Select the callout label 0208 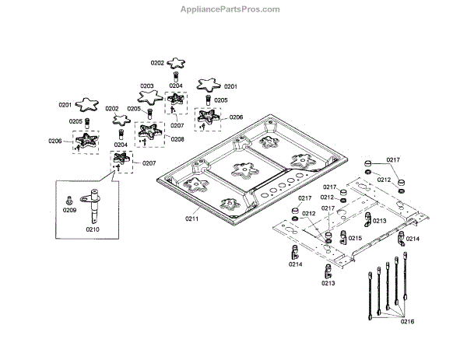pos(177,139)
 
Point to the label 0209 pos(69,210)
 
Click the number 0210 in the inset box pos(93,230)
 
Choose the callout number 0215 pos(355,238)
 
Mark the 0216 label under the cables pos(408,322)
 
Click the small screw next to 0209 pos(70,199)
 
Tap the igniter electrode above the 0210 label pos(93,204)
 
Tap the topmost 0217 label pos(393,159)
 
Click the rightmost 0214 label pos(413,239)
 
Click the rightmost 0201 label pos(230,86)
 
